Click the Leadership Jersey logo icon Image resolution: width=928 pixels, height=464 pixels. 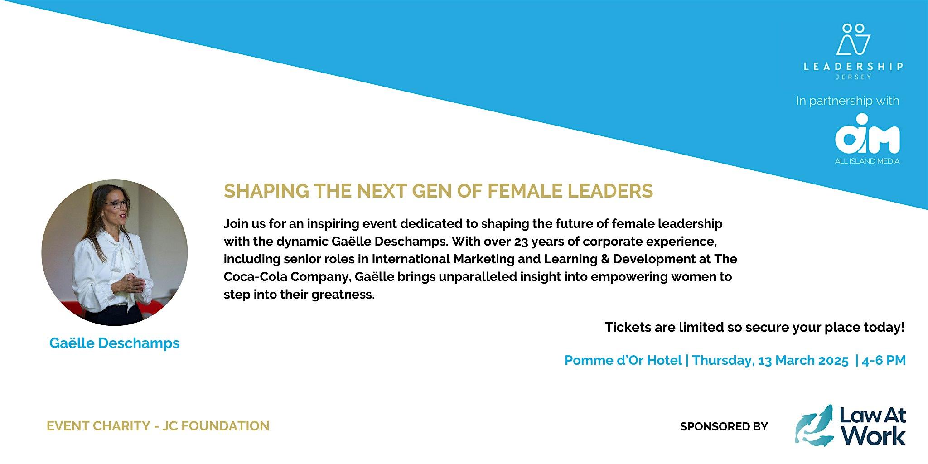pyautogui.click(x=853, y=39)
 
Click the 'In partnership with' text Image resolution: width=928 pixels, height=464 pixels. pyautogui.click(x=847, y=101)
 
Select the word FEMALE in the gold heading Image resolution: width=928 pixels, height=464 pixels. pyautogui.click(x=525, y=191)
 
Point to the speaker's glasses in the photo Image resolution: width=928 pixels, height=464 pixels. pyautogui.click(x=117, y=204)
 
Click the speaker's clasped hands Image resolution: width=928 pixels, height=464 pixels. pyautogui.click(x=133, y=284)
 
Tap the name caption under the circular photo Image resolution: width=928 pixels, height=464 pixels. pyautogui.click(x=114, y=343)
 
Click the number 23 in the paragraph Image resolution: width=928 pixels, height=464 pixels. pyautogui.click(x=521, y=242)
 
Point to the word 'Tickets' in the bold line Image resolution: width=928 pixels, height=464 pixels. pyautogui.click(x=628, y=327)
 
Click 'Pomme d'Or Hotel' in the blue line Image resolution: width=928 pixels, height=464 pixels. pyautogui.click(x=623, y=361)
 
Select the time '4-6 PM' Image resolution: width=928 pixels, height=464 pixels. pyautogui.click(x=884, y=361)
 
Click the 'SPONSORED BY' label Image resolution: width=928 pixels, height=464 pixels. pyautogui.click(x=724, y=426)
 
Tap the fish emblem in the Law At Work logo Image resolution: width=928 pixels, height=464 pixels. pyautogui.click(x=814, y=425)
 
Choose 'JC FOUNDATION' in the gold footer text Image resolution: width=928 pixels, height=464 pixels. pyautogui.click(x=216, y=426)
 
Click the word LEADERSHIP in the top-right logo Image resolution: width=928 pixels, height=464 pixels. pyautogui.click(x=853, y=67)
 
